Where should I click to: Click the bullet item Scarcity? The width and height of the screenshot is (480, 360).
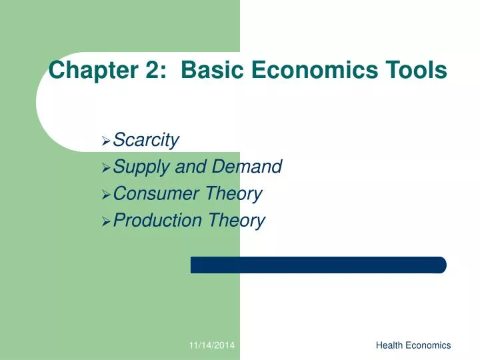[x=146, y=141]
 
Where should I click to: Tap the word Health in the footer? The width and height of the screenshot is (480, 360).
[x=389, y=345]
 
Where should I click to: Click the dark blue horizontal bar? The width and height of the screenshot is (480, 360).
[x=318, y=265]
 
